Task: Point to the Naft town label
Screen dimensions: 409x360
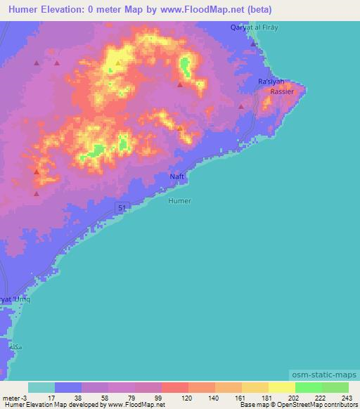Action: pos(178,176)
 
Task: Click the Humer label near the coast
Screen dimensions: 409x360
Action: pos(180,201)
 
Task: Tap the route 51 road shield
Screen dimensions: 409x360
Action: pos(121,207)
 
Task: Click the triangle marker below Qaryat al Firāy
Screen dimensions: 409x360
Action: pos(252,44)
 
